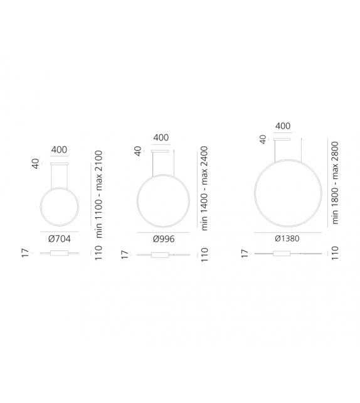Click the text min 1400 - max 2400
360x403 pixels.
point(203,189)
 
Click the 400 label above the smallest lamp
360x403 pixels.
point(60,149)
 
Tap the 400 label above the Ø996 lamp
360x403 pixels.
point(161,137)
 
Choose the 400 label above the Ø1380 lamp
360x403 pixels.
point(283,126)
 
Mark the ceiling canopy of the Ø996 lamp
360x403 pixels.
point(161,151)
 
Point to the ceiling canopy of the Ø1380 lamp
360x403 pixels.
point(283,139)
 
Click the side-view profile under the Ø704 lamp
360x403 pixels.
point(60,254)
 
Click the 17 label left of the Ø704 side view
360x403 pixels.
point(26,254)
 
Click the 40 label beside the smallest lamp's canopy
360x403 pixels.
point(36,163)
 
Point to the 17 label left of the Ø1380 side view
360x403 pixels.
point(245,254)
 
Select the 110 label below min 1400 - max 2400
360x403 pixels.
point(203,254)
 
